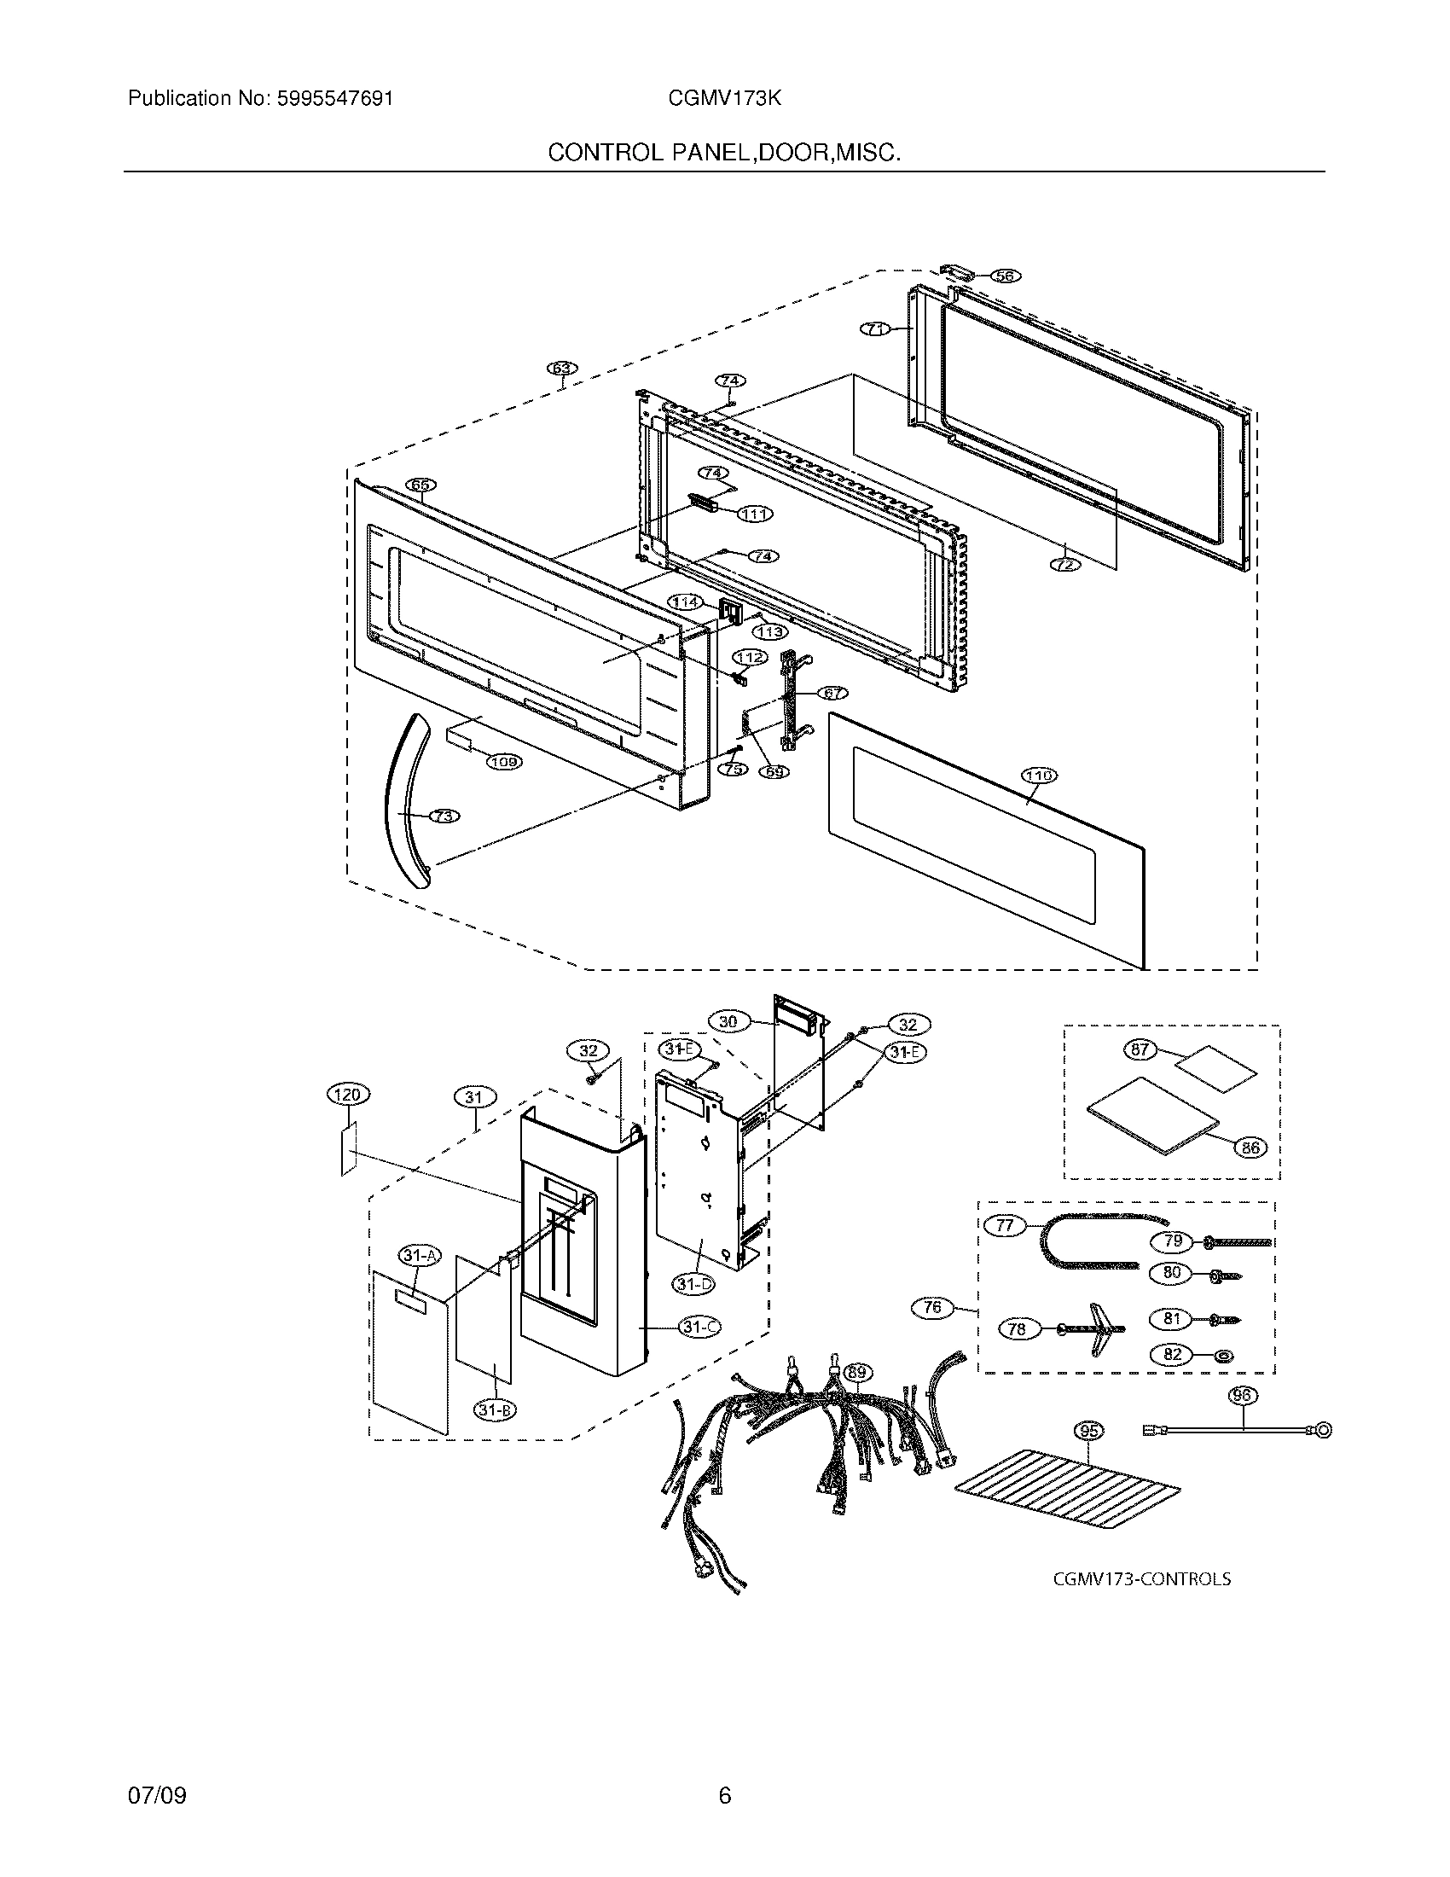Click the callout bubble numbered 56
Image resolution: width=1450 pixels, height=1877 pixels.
pyautogui.click(x=1003, y=276)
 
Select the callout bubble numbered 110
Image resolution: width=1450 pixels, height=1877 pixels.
pyautogui.click(x=1040, y=776)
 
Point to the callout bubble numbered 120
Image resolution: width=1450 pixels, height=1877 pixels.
pyautogui.click(x=347, y=1094)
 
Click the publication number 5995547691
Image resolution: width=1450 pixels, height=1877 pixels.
pyautogui.click(x=335, y=98)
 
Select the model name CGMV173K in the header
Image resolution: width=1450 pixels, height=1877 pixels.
pyautogui.click(x=724, y=98)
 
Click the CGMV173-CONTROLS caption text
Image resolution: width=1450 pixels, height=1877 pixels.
pyautogui.click(x=1141, y=1579)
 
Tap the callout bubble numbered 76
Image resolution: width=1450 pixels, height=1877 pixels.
pyautogui.click(x=932, y=1308)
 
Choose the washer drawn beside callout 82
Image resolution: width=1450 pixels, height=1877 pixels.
pyautogui.click(x=1224, y=1356)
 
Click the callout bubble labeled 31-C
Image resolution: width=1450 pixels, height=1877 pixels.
pyautogui.click(x=700, y=1327)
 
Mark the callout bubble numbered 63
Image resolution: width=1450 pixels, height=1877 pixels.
pyautogui.click(x=562, y=369)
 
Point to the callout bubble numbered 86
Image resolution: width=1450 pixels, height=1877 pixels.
pyautogui.click(x=1250, y=1147)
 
